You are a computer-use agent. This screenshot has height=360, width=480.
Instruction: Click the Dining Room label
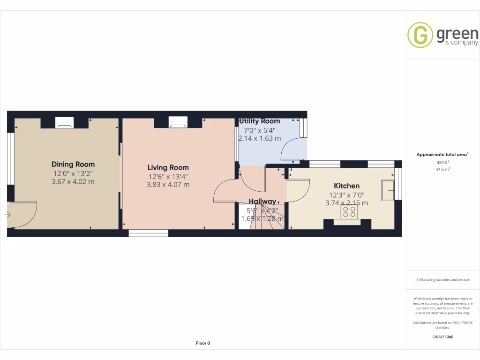(x=73, y=164)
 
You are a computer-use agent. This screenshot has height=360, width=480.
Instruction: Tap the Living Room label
(x=168, y=167)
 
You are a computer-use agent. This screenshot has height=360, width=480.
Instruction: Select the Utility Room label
(x=260, y=121)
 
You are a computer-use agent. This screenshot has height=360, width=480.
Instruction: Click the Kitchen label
(x=346, y=186)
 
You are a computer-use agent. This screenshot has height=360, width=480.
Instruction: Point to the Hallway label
(x=262, y=202)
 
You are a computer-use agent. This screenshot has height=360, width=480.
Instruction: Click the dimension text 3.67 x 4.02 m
(x=73, y=181)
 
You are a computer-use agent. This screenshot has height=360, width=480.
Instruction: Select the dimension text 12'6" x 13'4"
(x=168, y=176)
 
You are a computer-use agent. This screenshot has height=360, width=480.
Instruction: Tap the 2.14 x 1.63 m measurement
(x=260, y=138)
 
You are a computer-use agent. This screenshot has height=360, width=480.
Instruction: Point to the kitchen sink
(x=387, y=189)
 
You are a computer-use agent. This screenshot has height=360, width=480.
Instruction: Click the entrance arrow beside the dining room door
(x=7, y=215)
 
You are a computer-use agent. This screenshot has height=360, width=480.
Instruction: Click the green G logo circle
(x=420, y=35)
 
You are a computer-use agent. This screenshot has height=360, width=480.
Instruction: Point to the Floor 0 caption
(x=202, y=343)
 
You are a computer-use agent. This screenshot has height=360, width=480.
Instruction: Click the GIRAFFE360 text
(x=442, y=337)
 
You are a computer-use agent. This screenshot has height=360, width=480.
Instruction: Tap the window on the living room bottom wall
(x=148, y=232)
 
